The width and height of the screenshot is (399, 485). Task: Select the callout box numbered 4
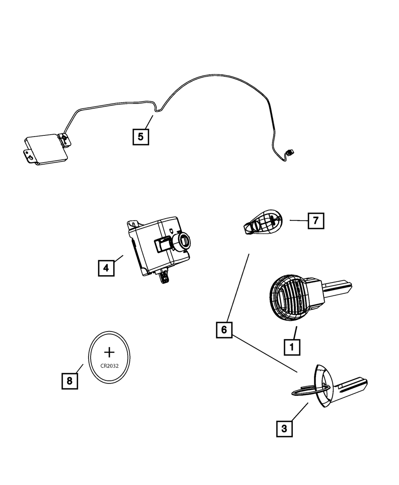tap(106, 268)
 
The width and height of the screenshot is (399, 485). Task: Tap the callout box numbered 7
tap(316, 221)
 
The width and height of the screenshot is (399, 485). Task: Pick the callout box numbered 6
tap(224, 330)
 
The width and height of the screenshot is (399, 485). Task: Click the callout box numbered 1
tap(292, 347)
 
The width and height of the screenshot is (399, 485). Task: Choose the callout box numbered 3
tap(284, 429)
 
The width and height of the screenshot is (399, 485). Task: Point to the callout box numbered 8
tap(69, 381)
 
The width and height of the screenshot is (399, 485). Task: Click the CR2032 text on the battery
tap(109, 365)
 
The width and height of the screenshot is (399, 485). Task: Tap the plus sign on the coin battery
tap(109, 352)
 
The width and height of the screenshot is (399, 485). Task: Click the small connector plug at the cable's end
tap(290, 152)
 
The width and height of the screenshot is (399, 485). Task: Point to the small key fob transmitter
tap(261, 222)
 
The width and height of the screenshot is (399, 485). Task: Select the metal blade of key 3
tap(352, 386)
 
